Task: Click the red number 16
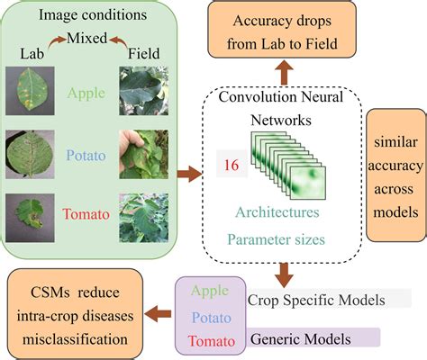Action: [x=233, y=166]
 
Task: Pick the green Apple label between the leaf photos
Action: [x=87, y=93]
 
